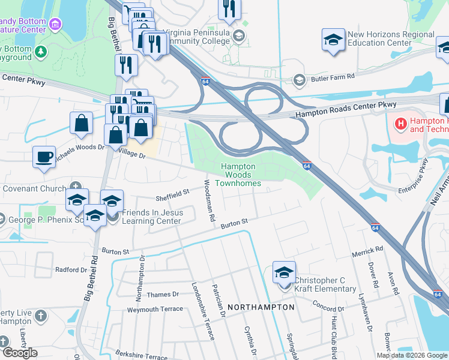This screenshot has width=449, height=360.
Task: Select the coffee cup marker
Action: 44,157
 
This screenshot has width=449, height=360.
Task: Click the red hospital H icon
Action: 400,124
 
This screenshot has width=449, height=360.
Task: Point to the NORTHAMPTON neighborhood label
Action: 262,307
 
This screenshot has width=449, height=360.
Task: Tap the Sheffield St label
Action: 172,193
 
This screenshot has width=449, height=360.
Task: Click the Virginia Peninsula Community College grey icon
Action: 240,35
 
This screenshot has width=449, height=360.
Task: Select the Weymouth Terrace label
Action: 154,310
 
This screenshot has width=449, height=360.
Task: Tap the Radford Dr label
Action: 67,270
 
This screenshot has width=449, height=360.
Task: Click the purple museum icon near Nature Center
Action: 55,25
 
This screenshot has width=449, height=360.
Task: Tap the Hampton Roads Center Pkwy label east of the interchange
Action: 345,110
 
